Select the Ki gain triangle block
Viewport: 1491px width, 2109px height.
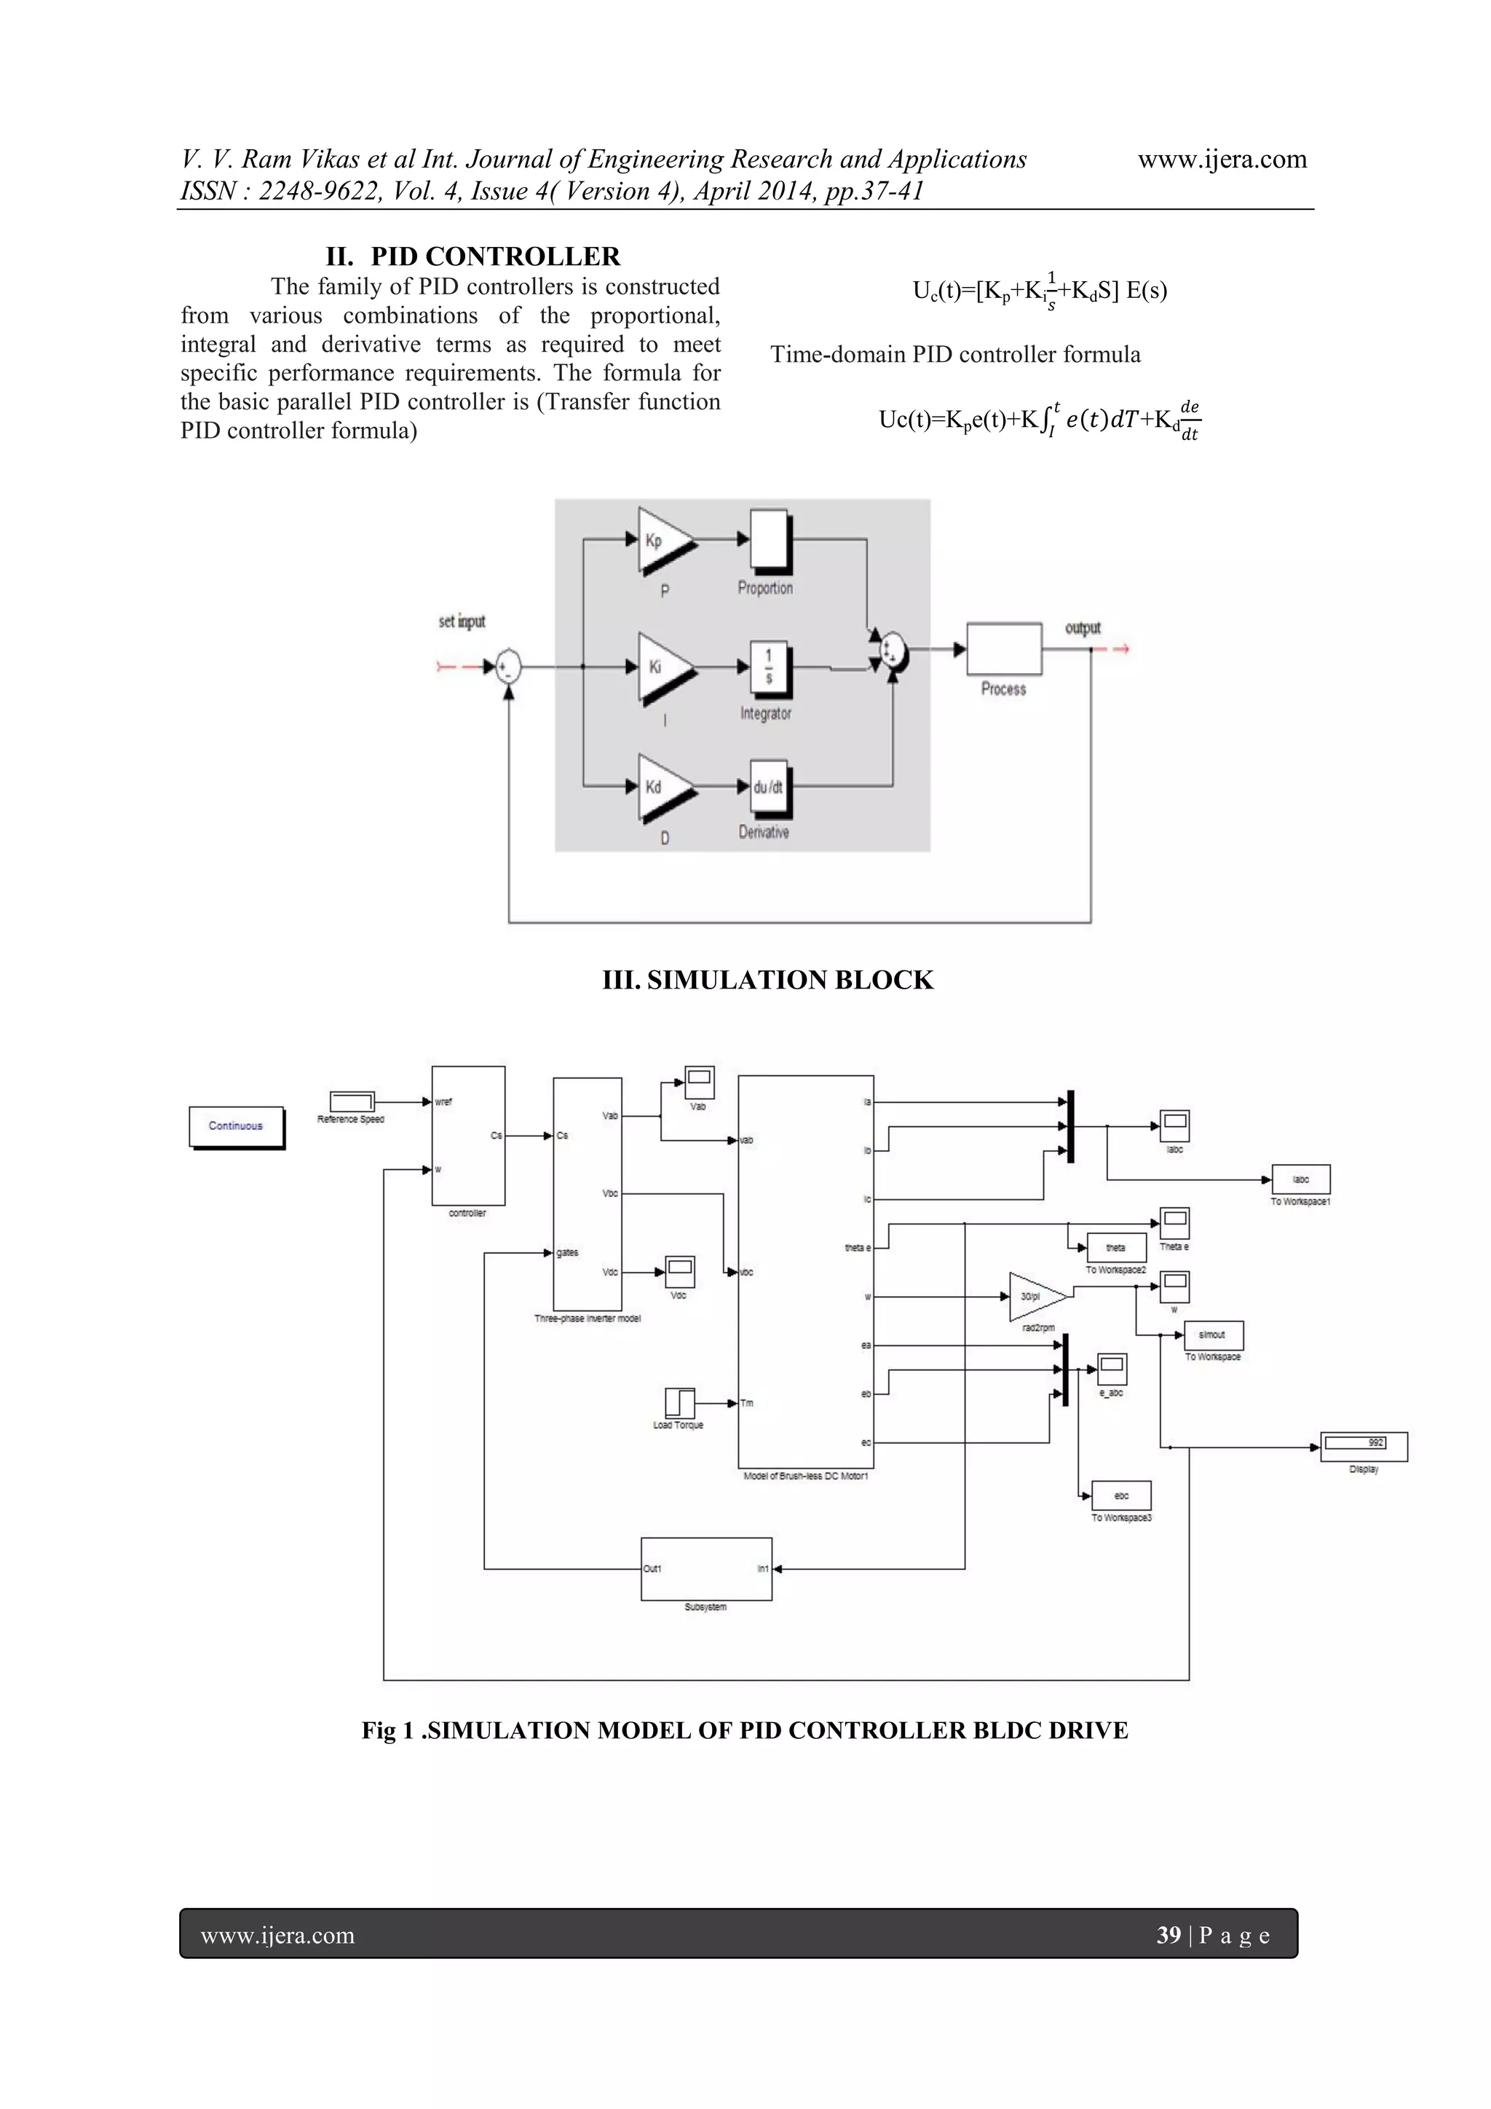(663, 668)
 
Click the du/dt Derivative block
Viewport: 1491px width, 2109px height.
(769, 788)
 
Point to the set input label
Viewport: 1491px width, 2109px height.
(462, 622)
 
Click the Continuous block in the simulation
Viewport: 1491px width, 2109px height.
(236, 1126)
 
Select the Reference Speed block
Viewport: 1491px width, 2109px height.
(352, 1101)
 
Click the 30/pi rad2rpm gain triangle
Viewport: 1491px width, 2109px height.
(1035, 1297)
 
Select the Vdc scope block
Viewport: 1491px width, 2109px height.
(680, 1272)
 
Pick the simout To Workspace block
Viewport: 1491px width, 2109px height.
(1213, 1335)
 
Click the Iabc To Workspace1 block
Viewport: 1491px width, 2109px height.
(1300, 1179)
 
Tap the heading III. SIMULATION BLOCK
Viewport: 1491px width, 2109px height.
(767, 980)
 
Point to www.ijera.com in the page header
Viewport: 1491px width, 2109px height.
(1222, 160)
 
